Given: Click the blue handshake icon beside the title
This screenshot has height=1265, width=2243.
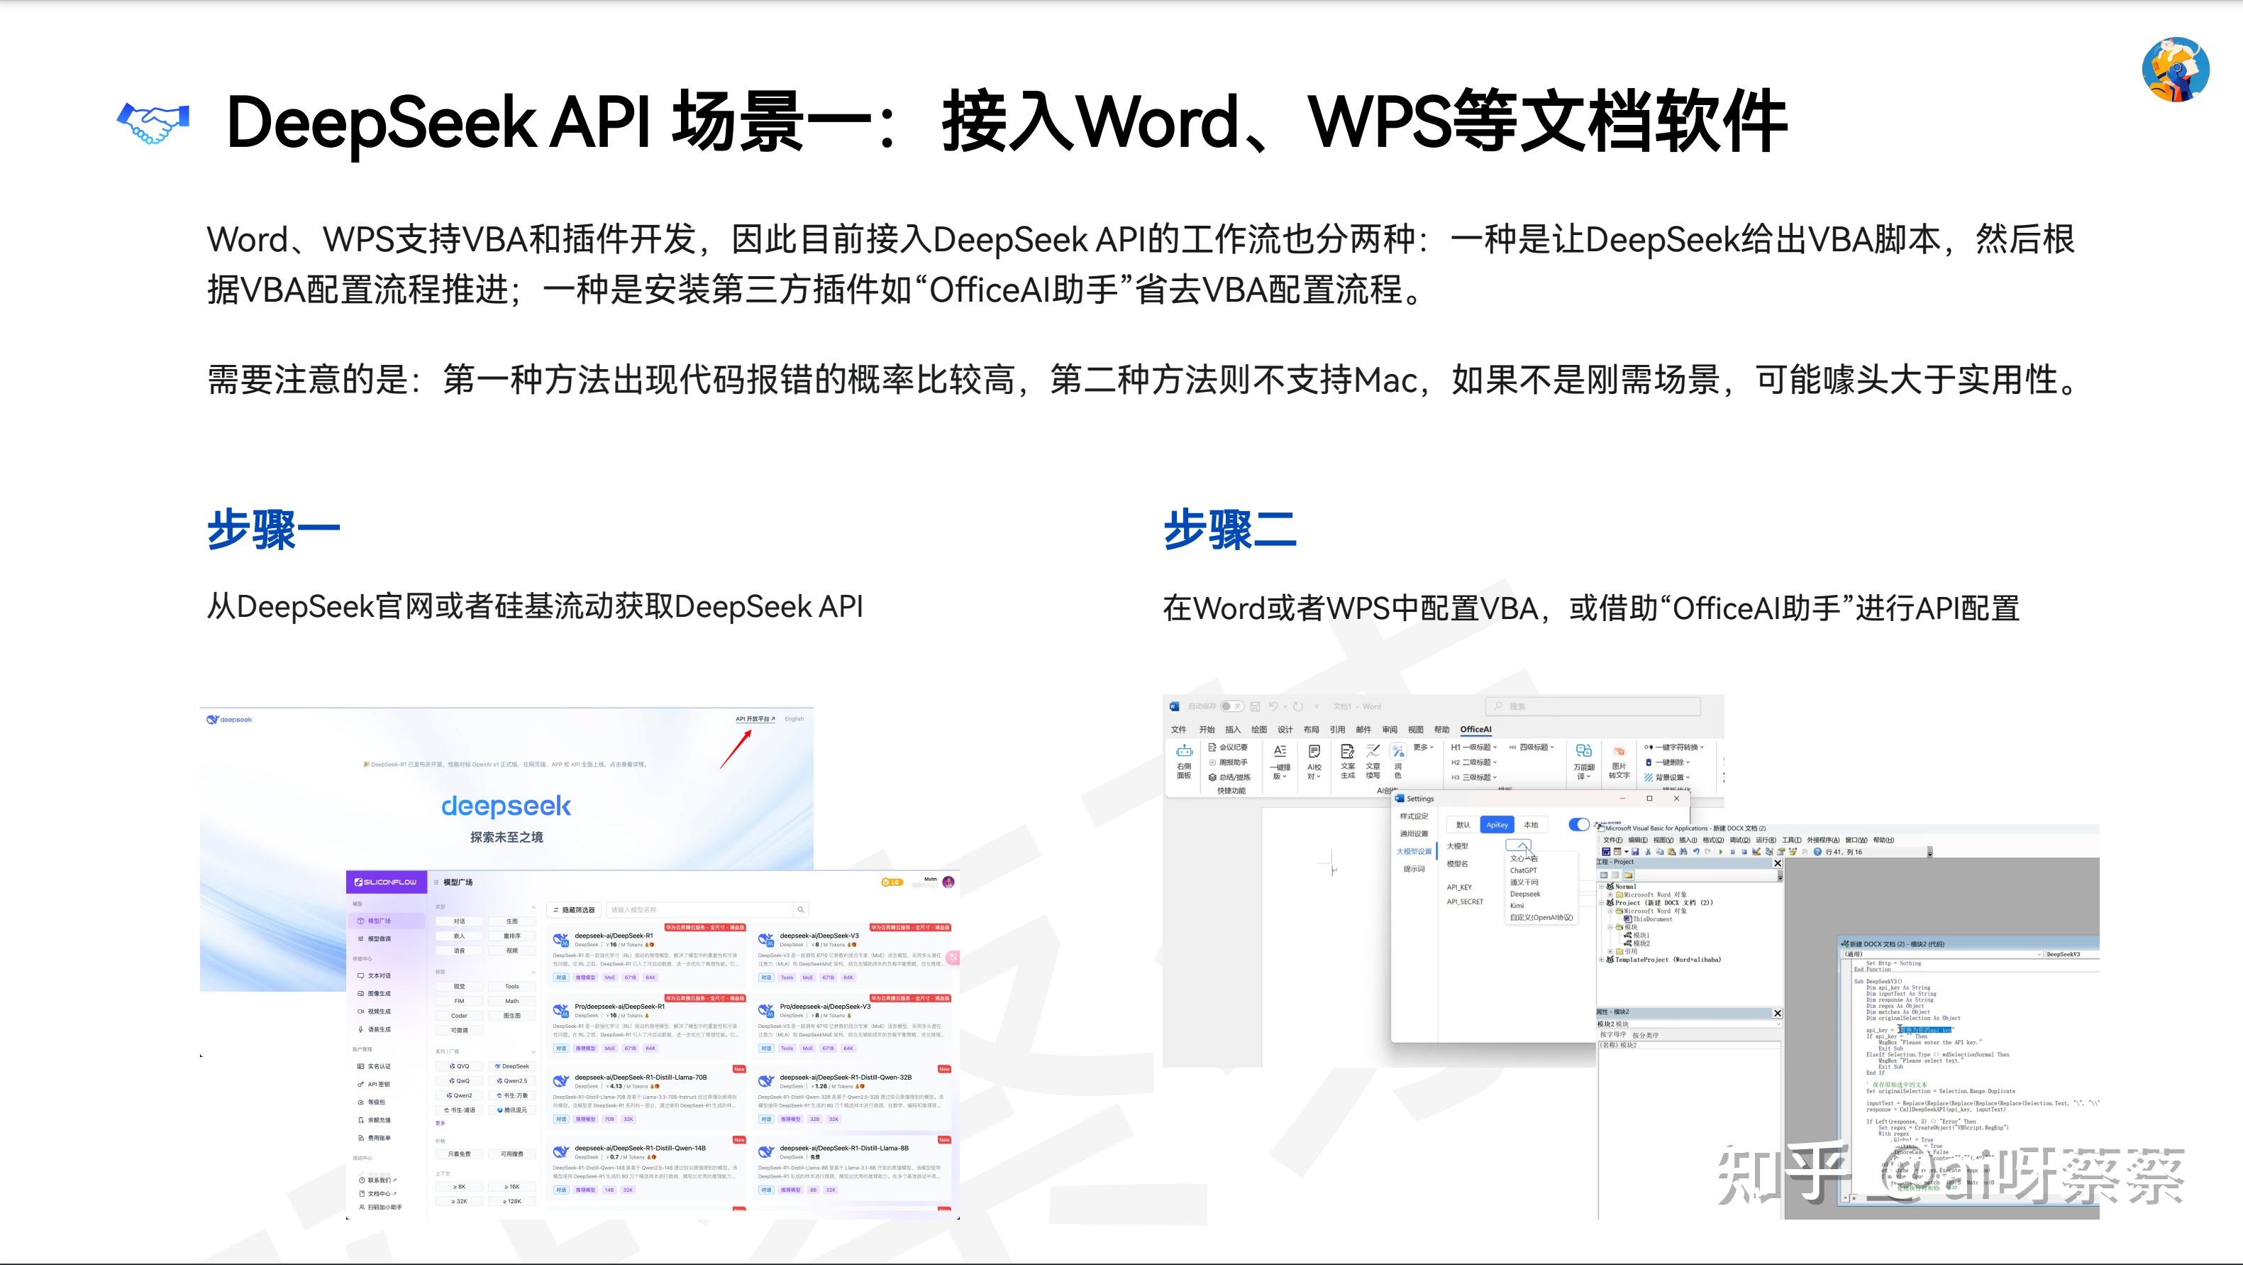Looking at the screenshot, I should [153, 122].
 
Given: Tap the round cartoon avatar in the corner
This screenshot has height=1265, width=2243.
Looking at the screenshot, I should [2175, 70].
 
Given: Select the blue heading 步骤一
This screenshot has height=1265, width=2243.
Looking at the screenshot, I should [273, 530].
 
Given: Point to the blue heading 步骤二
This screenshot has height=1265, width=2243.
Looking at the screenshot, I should [1229, 530].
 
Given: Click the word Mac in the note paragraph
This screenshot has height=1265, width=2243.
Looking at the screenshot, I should [1385, 380].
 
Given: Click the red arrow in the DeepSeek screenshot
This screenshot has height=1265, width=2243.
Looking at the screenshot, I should [736, 749].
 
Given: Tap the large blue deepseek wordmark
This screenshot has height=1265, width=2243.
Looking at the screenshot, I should [506, 806].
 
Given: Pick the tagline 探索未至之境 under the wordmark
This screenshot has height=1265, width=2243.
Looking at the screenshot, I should [506, 837].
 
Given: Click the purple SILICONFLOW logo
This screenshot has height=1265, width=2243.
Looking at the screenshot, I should [385, 882].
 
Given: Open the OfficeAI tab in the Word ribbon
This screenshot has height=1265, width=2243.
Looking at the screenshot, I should [1475, 729].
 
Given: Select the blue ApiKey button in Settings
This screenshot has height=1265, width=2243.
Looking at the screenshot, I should [1497, 824].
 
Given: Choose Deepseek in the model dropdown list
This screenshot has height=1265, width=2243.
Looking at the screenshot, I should [1524, 894].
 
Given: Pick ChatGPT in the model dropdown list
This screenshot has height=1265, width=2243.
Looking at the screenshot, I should [1523, 870].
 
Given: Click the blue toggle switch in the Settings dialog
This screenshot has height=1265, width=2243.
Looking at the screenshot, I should [1578, 824].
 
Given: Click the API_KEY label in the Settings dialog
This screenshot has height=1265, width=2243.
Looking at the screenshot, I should [1458, 887].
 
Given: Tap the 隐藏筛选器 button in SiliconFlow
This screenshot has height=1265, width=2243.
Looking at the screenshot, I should [574, 909].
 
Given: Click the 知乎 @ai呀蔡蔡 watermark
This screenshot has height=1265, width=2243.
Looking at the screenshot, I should [1951, 1176].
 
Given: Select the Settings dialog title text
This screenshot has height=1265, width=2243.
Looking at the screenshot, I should [1419, 798].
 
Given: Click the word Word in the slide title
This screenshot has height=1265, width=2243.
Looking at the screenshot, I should [1158, 122].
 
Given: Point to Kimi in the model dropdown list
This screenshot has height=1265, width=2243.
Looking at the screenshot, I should [1517, 905].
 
